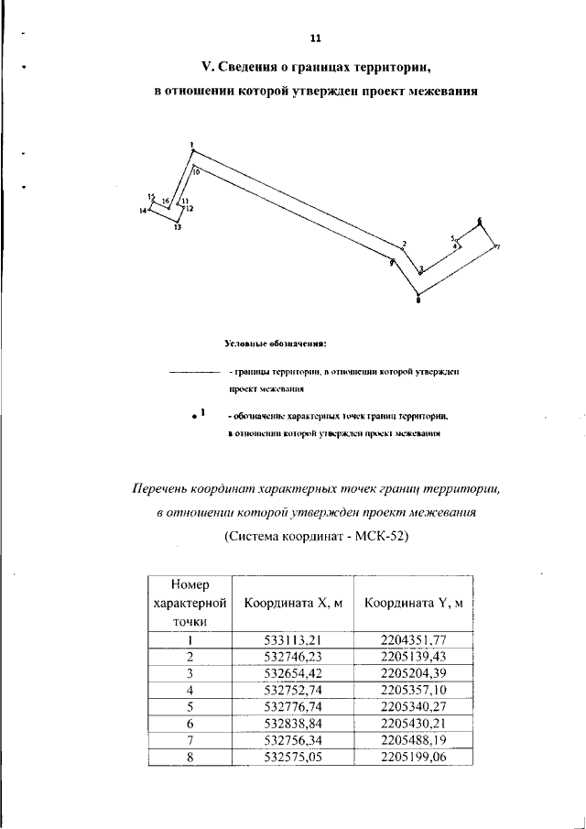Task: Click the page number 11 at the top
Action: point(315,38)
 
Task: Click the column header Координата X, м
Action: point(293,603)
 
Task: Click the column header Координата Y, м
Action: point(413,603)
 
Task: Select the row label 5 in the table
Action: point(189,707)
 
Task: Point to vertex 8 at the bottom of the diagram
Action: point(418,294)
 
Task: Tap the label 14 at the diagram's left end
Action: point(143,211)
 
